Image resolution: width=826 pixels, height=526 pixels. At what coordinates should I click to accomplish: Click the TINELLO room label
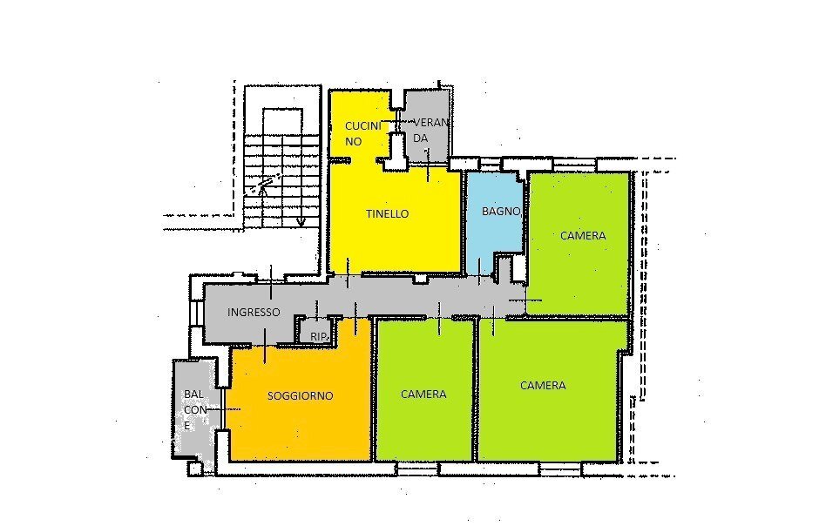tap(387, 214)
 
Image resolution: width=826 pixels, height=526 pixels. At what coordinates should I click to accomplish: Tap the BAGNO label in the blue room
tap(501, 212)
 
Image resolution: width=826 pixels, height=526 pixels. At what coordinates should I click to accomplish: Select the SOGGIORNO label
tap(300, 395)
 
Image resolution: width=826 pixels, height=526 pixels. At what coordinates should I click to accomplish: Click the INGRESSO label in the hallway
tap(254, 313)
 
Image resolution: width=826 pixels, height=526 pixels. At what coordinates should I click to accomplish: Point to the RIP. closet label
tap(316, 334)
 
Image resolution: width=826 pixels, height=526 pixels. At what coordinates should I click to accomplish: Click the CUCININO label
tap(362, 133)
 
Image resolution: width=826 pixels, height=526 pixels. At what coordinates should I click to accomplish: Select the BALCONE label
tap(194, 410)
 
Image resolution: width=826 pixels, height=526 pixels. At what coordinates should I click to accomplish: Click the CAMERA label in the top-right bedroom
tap(582, 236)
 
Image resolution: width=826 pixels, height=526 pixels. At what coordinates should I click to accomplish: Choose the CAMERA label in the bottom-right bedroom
tap(543, 386)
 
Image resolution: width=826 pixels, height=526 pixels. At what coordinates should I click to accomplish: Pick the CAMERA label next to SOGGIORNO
tap(423, 394)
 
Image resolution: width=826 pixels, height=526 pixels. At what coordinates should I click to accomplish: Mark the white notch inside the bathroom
tap(504, 266)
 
